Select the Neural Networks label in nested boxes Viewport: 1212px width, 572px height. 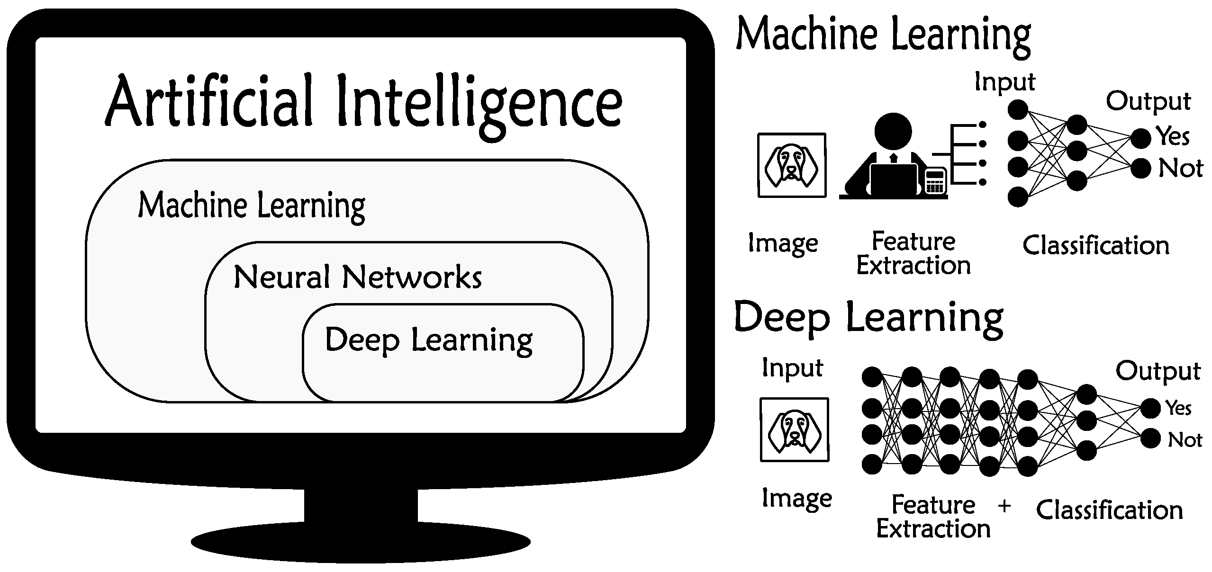pyautogui.click(x=358, y=277)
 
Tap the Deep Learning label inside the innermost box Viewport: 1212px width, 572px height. pyautogui.click(x=428, y=340)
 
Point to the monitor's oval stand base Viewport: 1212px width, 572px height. pyautogui.click(x=360, y=542)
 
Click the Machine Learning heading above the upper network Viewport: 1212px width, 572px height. pyautogui.click(x=884, y=36)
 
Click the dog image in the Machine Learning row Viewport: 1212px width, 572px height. pyautogui.click(x=792, y=165)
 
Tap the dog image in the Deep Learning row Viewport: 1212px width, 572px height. pyautogui.click(x=795, y=429)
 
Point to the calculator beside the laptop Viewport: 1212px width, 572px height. pyautogui.click(x=935, y=181)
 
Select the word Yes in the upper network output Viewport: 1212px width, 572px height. pyautogui.click(x=1173, y=137)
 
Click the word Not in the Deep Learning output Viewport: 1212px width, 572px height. pyautogui.click(x=1185, y=440)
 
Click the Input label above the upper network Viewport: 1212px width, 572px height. pyautogui.click(x=1004, y=82)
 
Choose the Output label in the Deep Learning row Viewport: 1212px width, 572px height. pyautogui.click(x=1158, y=371)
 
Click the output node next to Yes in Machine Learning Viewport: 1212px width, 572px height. pyautogui.click(x=1141, y=139)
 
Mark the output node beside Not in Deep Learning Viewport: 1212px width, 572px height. pyautogui.click(x=1150, y=438)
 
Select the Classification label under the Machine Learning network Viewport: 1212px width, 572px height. pyautogui.click(x=1095, y=246)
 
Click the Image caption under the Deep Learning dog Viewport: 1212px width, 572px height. pyautogui.click(x=796, y=499)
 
